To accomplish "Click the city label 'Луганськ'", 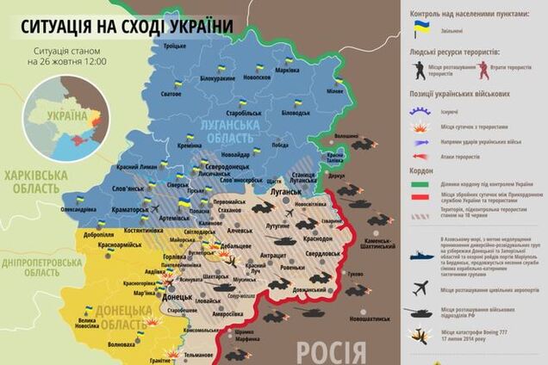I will pyautogui.click(x=286, y=195).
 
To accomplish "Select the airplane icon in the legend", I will pyautogui.click(x=421, y=287).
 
